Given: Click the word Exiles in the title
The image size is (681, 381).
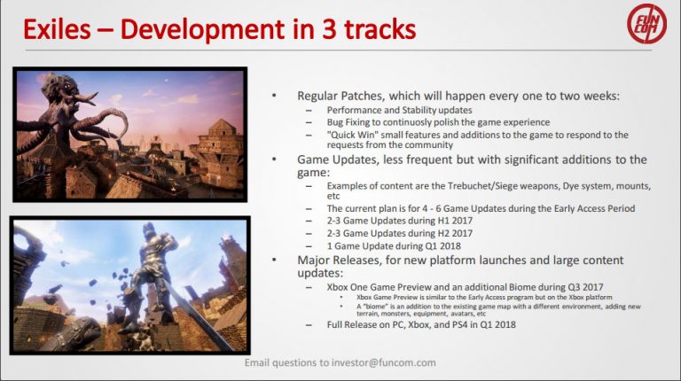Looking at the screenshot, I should click(59, 29).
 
